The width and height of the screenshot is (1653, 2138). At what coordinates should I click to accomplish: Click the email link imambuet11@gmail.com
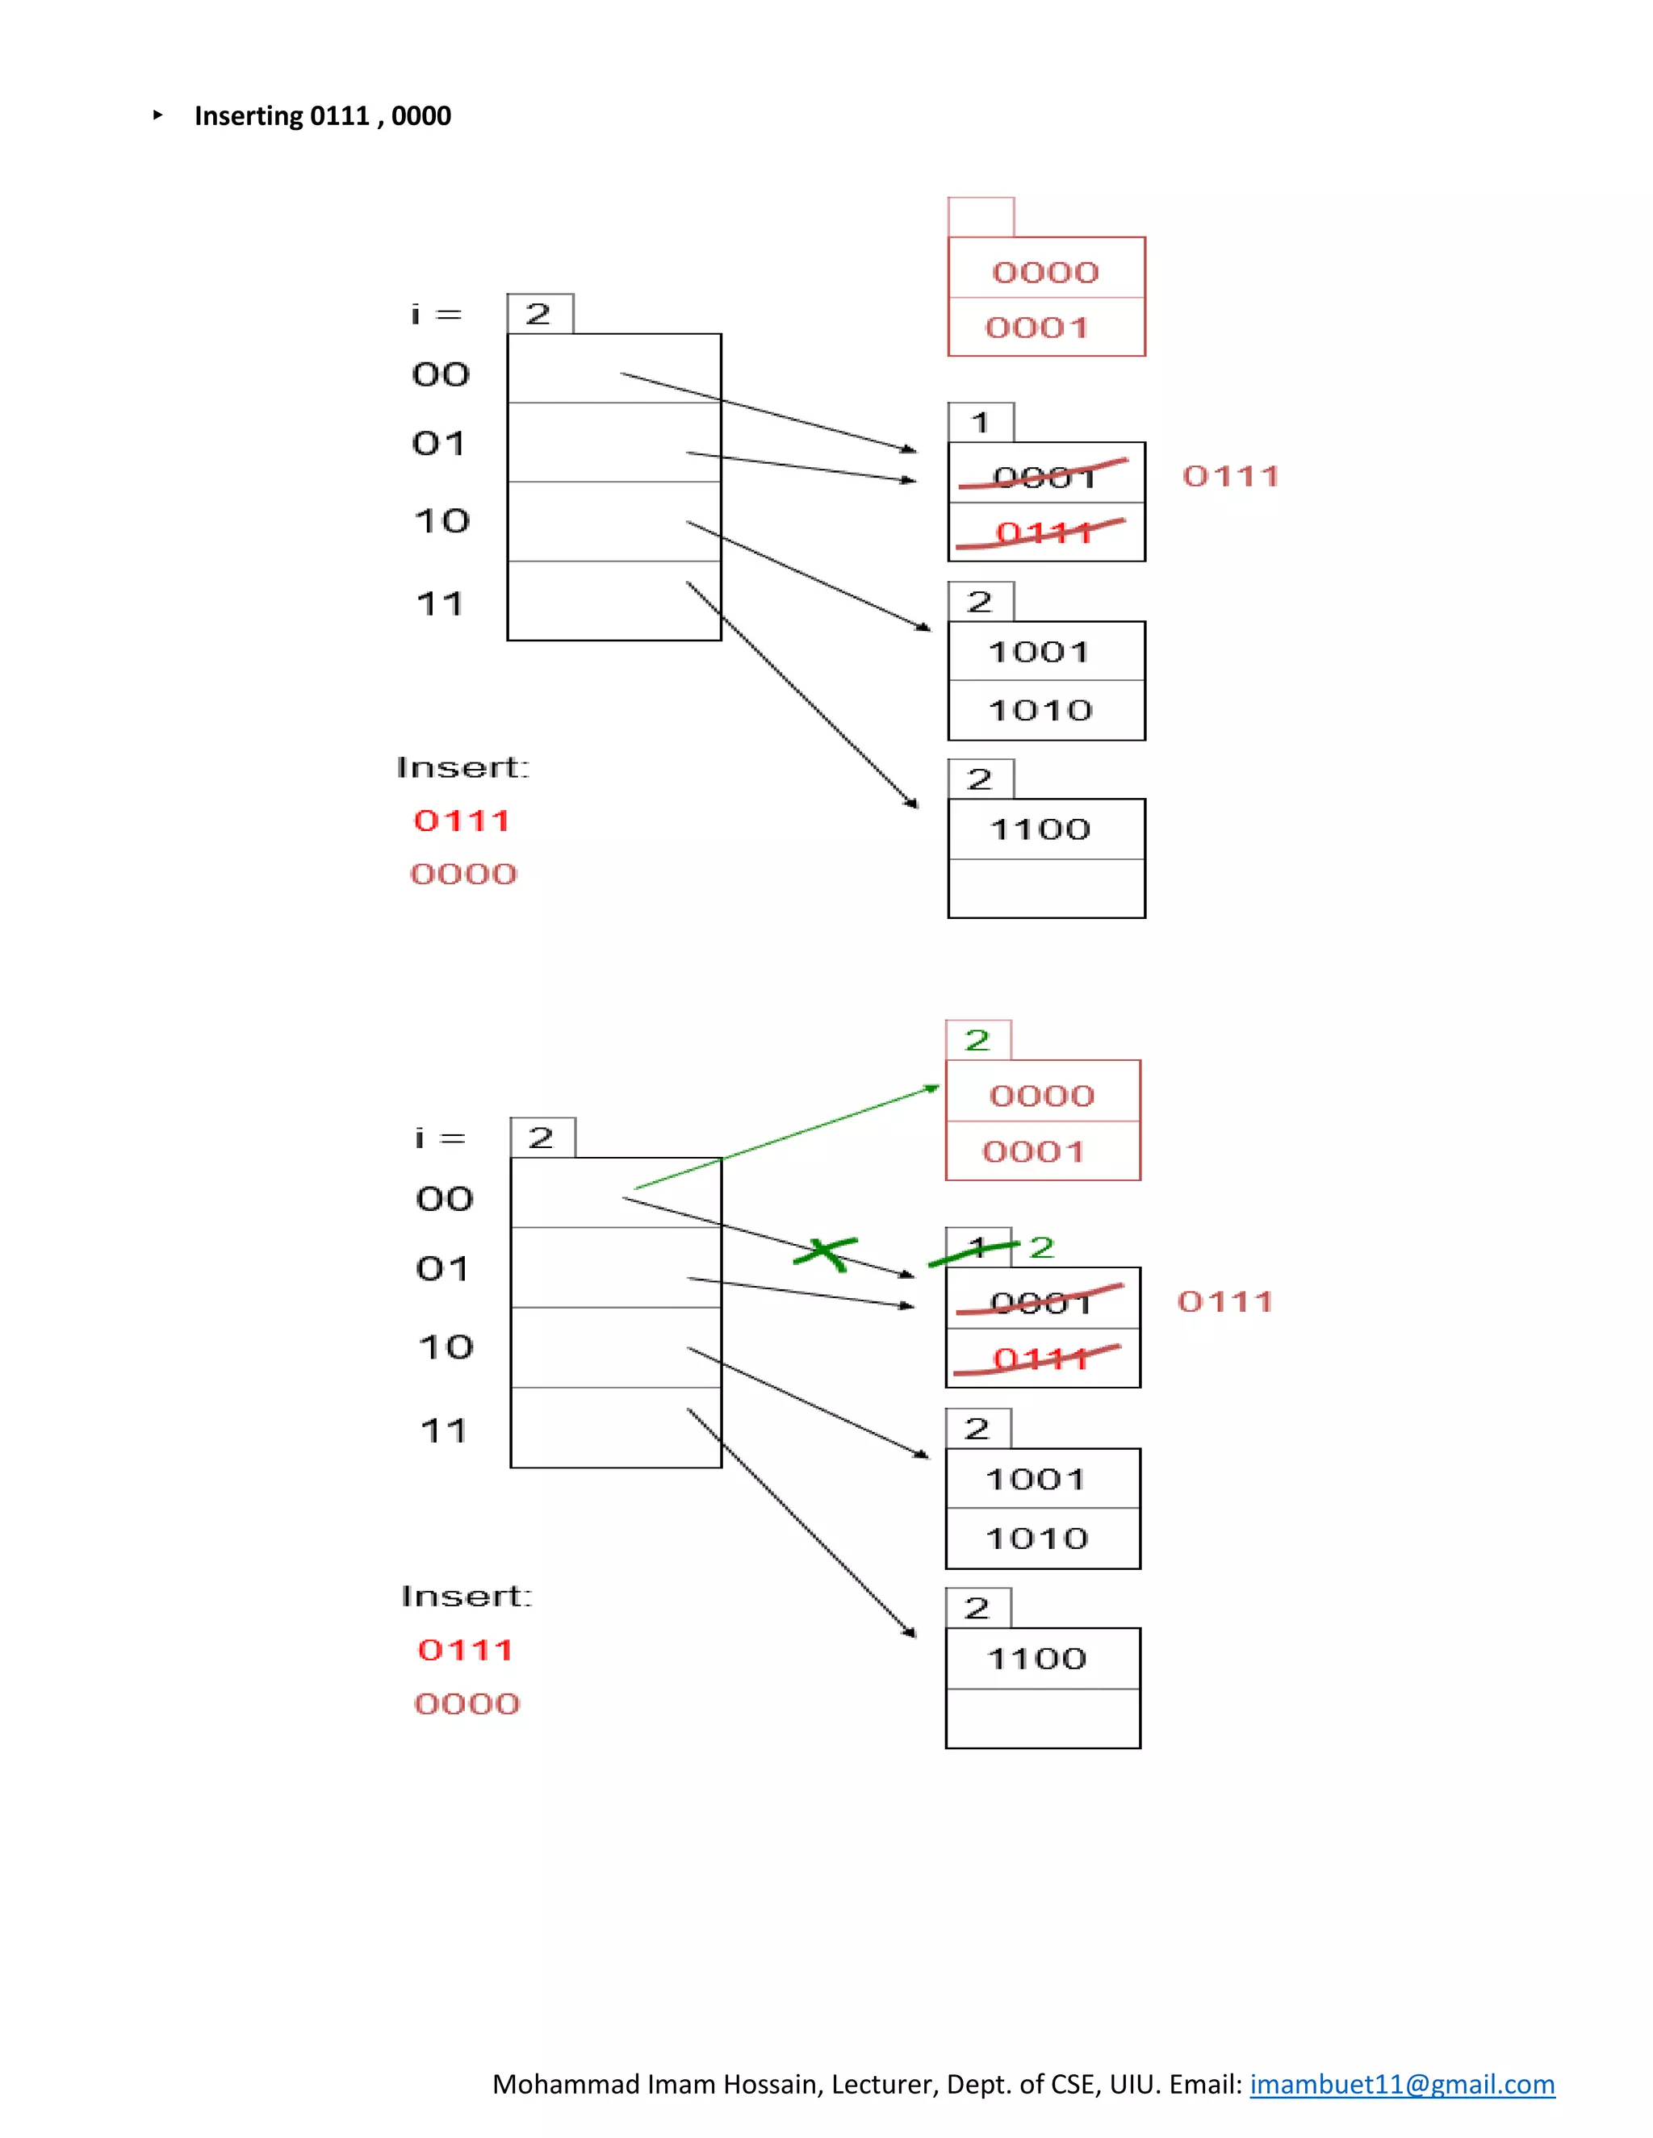pos(1401,2083)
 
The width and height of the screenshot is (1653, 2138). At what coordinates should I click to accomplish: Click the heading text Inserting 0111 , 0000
pos(322,115)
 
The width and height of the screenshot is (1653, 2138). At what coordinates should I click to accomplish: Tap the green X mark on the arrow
pos(825,1252)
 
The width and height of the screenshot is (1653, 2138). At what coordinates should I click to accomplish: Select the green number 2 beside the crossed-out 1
pos(1041,1247)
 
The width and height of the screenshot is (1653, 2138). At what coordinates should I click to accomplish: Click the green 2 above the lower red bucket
pos(977,1041)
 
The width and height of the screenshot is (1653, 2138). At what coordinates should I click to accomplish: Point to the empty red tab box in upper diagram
pos(980,216)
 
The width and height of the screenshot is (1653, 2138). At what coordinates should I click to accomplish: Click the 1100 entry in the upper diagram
pos(1040,829)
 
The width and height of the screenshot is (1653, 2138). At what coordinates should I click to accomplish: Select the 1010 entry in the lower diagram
pos(1037,1538)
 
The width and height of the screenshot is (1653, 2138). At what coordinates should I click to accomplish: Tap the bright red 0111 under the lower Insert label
pos(465,1650)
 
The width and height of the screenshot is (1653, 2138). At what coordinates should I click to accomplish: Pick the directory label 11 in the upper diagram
pos(440,604)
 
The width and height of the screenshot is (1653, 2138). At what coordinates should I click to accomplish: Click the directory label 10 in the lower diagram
pos(446,1347)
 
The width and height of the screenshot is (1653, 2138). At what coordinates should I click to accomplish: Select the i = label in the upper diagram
pos(437,314)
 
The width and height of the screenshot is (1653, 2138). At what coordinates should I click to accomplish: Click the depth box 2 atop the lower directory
pos(542,1138)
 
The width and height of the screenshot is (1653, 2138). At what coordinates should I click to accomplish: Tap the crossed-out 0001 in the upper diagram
pos(1044,476)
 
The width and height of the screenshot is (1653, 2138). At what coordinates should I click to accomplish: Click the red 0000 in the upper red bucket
pos(1045,272)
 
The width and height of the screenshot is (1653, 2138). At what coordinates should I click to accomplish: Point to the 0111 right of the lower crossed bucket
pos(1225,1301)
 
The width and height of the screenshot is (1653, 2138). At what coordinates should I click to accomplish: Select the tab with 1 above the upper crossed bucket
pos(980,423)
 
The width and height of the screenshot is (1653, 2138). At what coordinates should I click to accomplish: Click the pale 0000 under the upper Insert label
pos(463,873)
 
